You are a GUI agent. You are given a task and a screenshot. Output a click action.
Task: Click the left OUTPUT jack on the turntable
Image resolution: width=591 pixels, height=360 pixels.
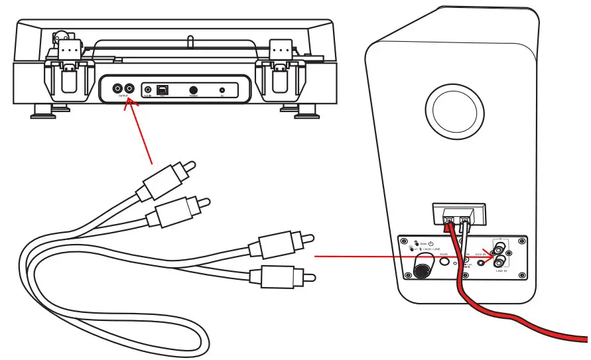(x=117, y=88)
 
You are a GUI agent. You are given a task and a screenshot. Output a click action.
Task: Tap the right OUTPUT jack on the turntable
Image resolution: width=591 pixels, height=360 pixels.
(x=129, y=88)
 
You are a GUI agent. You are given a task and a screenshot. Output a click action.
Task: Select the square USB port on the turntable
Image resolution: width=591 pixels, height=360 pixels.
(x=163, y=89)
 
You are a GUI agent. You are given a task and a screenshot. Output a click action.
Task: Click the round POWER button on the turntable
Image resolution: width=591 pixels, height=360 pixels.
(x=194, y=90)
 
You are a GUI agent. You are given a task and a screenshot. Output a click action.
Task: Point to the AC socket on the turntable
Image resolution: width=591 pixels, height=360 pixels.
(x=222, y=90)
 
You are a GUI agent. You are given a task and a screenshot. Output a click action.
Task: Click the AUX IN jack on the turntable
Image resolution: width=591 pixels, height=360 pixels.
(x=148, y=89)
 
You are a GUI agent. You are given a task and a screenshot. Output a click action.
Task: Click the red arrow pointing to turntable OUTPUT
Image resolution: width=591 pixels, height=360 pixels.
(x=139, y=133)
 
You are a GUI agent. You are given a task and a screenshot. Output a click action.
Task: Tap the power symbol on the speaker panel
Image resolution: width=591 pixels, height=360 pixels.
(x=430, y=243)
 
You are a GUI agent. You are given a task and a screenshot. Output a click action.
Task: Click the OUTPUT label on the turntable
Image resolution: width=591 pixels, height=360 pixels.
(x=123, y=97)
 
